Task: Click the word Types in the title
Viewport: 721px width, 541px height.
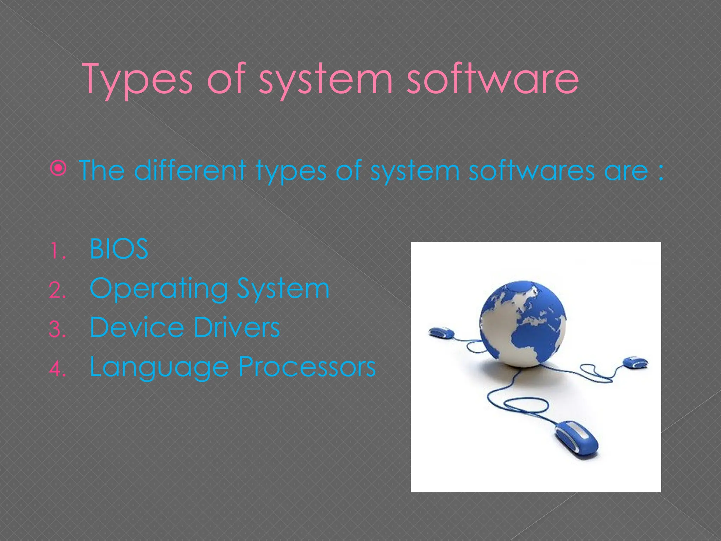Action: point(137,79)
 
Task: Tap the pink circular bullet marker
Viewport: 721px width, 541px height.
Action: point(58,169)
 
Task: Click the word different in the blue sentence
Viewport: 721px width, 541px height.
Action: point(190,170)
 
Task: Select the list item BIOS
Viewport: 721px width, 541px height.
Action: point(119,249)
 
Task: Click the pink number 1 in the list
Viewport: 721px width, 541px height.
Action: point(56,251)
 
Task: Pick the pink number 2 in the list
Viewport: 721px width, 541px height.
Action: point(57,291)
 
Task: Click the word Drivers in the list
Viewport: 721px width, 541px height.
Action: point(237,327)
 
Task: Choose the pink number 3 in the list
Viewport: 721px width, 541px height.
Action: point(57,330)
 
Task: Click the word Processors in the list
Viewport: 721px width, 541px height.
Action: point(307,367)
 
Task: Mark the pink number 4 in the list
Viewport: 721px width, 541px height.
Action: point(57,369)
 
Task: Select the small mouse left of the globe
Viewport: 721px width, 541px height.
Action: point(441,333)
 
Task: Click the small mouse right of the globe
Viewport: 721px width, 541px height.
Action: point(635,362)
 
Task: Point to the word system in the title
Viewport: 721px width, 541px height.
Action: point(326,79)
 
